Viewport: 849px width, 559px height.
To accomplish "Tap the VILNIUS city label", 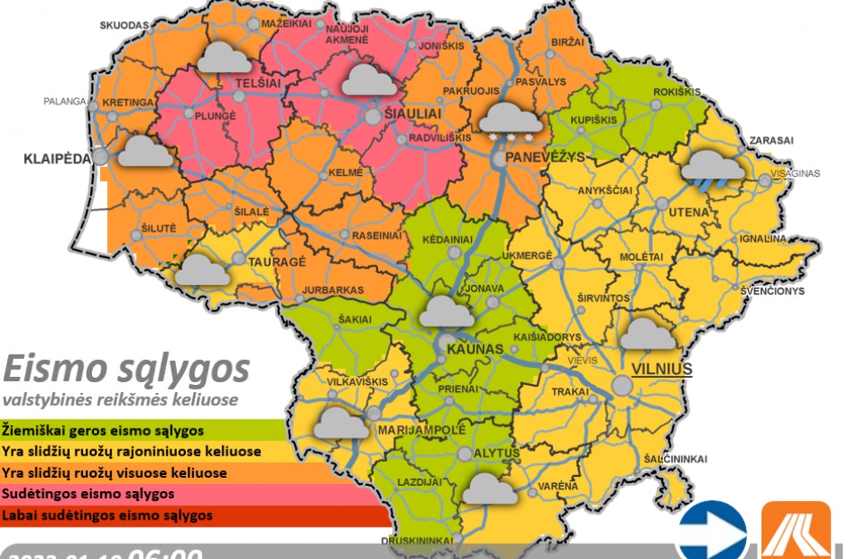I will (661, 369).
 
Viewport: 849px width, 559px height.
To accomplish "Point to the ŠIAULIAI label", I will (414, 115).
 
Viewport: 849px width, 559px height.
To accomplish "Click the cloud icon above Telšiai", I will (223, 59).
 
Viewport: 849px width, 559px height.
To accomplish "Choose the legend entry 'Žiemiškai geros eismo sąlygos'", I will (103, 430).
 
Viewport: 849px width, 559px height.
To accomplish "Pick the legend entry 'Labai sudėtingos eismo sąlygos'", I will (107, 515).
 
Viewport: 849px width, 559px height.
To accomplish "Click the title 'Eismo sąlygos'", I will (125, 368).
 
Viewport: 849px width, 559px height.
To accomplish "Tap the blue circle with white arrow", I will (711, 533).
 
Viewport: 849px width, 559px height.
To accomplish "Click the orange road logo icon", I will (795, 532).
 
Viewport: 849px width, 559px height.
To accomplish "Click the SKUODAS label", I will (123, 25).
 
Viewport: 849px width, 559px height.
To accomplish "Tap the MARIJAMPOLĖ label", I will (423, 430).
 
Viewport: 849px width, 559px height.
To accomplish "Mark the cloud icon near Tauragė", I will (202, 270).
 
